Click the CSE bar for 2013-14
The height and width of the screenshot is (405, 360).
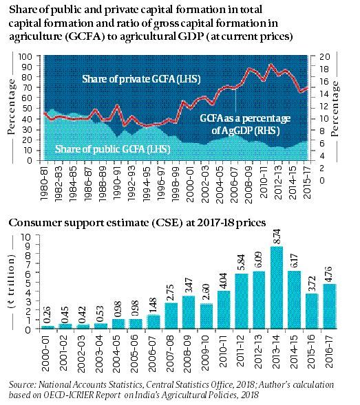pos(277,287)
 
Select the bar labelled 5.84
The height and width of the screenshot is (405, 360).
pos(242,301)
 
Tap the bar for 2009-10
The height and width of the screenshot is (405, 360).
pos(207,316)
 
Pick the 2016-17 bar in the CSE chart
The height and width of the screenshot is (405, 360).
pos(329,307)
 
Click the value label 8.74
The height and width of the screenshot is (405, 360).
pos(277,237)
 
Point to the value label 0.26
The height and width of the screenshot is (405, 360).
pos(47,315)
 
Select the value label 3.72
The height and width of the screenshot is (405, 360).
pos(312,283)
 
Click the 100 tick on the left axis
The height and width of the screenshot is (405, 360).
pos(25,56)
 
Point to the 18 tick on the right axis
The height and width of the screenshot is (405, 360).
pos(324,69)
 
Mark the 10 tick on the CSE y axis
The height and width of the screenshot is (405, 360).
pos(26,237)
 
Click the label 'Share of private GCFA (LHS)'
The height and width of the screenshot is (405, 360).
pos(141,79)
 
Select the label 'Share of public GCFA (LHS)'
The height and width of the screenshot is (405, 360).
pos(112,149)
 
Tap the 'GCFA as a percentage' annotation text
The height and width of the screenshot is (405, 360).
pos(245,118)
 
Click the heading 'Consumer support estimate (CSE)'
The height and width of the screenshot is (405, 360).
pos(94,223)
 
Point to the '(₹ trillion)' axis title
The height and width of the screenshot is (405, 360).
pos(12,281)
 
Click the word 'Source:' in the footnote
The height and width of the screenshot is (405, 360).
pos(23,385)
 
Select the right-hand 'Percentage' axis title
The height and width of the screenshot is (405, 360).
pos(335,109)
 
